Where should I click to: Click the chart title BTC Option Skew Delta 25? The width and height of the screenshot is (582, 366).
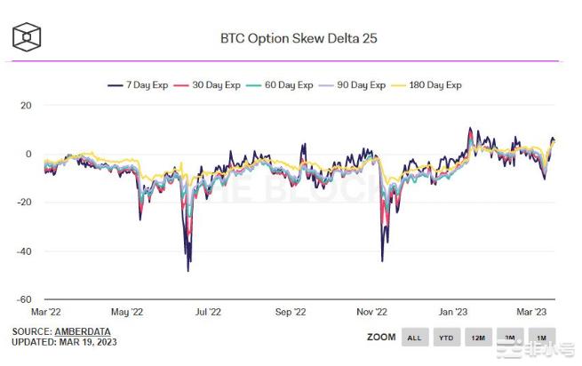coord(291,39)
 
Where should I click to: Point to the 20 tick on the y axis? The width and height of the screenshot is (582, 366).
coord(26,105)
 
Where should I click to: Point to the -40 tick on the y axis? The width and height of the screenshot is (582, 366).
coord(23,251)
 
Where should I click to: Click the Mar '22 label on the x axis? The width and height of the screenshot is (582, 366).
coord(45,312)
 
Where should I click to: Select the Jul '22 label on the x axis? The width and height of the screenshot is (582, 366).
coord(207,312)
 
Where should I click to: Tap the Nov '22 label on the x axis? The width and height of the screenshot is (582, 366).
coord(371,312)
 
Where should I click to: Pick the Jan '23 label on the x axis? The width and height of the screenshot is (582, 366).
coord(453,312)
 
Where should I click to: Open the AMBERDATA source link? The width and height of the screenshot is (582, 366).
coord(88,331)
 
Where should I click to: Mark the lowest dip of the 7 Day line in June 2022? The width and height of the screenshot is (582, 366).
coord(187,270)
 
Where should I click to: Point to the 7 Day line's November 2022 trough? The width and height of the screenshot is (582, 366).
coord(382,261)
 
